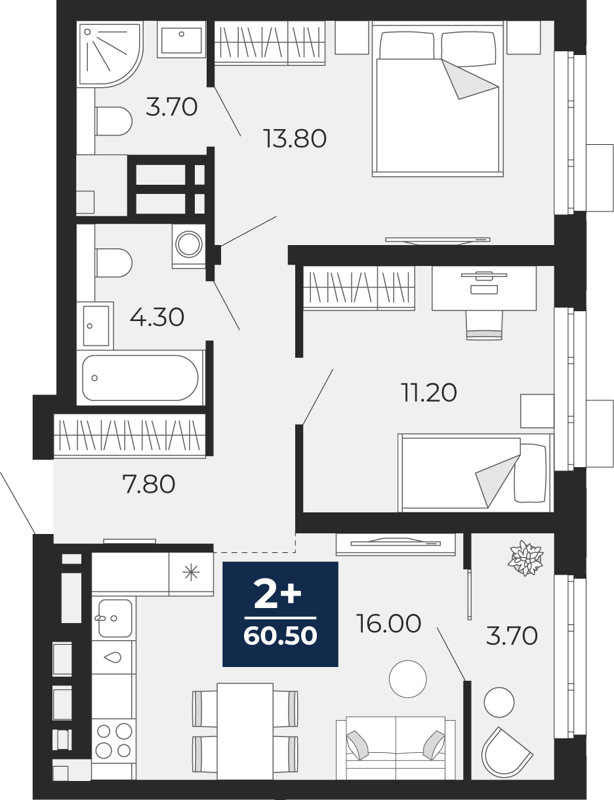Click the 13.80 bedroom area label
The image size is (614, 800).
click(295, 139)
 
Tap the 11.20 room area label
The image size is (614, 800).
click(429, 392)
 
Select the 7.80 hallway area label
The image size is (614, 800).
click(148, 484)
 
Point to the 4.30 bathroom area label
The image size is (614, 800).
click(157, 317)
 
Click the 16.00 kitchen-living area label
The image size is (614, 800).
click(389, 624)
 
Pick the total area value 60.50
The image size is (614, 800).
click(280, 636)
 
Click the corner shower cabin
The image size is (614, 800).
click(110, 55)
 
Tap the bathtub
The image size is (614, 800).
click(140, 378)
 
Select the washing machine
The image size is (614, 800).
click(189, 246)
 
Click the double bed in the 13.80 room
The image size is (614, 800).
click(438, 99)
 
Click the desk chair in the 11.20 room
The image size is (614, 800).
click(484, 324)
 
